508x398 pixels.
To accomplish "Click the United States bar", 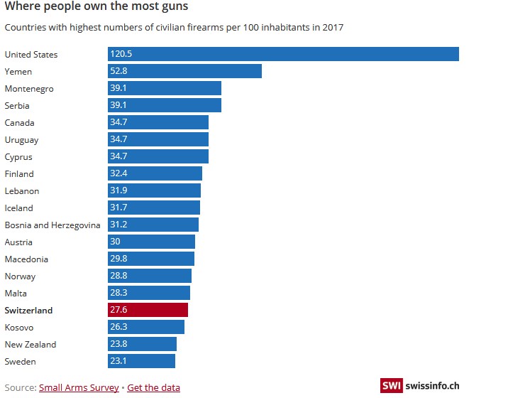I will click(x=284, y=54).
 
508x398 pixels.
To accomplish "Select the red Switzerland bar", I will click(x=148, y=310).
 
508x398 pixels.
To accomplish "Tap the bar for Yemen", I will click(x=185, y=71).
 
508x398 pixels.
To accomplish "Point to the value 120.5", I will click(x=121, y=54).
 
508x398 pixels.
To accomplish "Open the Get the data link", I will click(x=153, y=387).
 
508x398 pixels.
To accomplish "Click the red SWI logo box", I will click(x=391, y=385).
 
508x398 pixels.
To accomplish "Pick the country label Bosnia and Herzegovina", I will click(x=53, y=225).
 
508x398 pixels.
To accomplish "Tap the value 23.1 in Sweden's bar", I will click(x=118, y=361).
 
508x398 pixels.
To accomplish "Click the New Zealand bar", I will click(x=143, y=344).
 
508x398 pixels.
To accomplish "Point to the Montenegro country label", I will click(x=29, y=88).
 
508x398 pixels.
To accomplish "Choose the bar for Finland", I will click(x=155, y=173).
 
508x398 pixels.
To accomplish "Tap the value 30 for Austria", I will click(x=116, y=242).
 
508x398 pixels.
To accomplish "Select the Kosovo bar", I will click(x=146, y=327).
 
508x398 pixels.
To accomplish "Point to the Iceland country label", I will click(x=19, y=208).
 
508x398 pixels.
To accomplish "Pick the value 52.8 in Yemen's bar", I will click(x=118, y=71).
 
